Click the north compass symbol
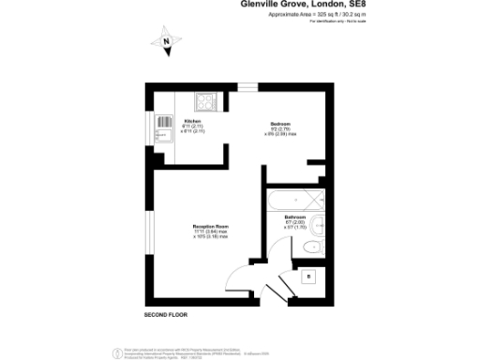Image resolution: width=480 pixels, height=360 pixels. pyautogui.click(x=166, y=40)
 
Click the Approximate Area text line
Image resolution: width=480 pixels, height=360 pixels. pyautogui.click(x=304, y=16)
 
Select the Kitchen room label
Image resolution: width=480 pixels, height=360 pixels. pyautogui.click(x=193, y=122)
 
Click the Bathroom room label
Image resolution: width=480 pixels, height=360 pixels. pyautogui.click(x=295, y=217)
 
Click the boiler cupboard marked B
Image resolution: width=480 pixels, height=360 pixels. pyautogui.click(x=308, y=276)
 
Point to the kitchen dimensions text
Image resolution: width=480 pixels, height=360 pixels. pyautogui.click(x=193, y=129)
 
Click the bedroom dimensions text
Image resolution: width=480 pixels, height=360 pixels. pyautogui.click(x=278, y=133)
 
